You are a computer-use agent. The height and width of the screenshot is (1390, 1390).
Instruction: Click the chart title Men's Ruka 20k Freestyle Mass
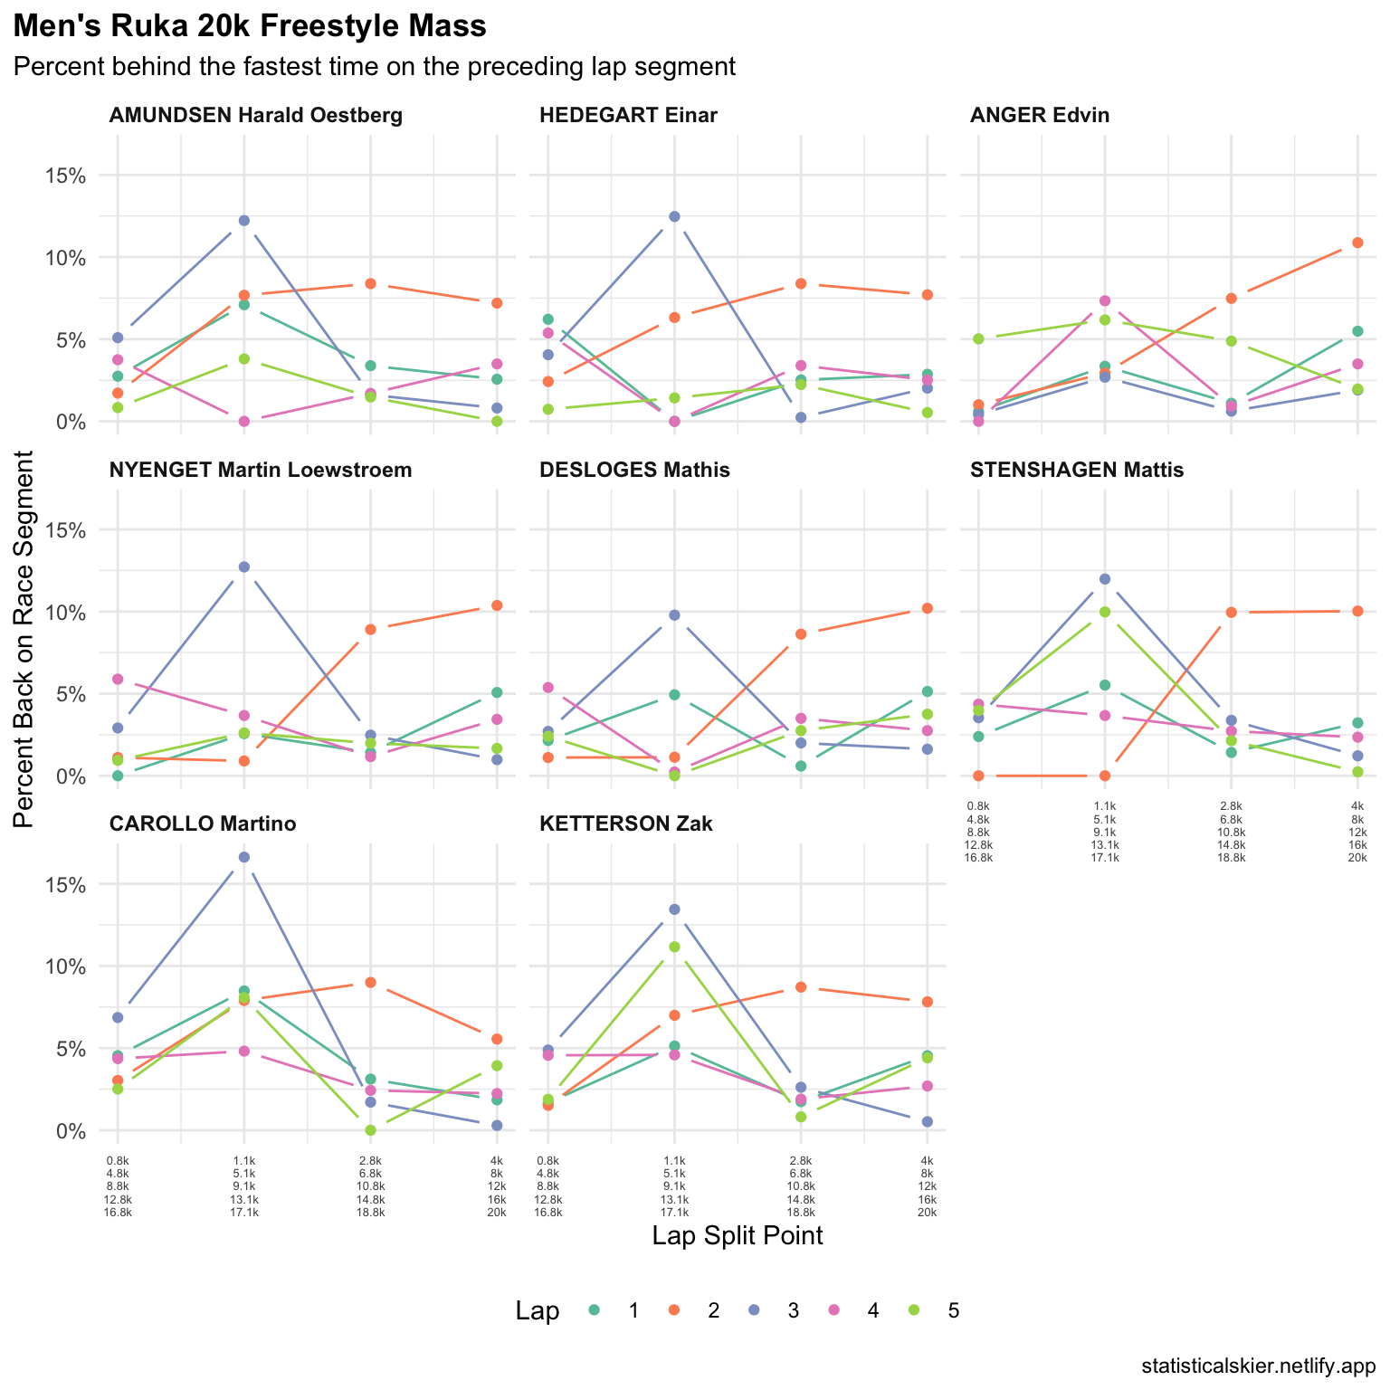(250, 27)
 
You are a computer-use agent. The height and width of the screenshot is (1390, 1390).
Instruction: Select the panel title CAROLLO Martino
(203, 824)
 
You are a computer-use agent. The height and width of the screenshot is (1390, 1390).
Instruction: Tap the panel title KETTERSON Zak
(625, 824)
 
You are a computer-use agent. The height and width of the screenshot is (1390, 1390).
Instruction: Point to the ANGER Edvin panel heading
(1039, 115)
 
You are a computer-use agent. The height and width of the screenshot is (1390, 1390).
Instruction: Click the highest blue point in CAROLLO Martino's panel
(243, 857)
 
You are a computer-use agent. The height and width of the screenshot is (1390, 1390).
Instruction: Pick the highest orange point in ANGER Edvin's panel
(1357, 243)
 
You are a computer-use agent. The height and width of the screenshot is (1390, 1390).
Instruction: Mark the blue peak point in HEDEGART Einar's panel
(674, 216)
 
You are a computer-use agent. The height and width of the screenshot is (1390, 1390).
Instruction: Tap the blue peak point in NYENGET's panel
(243, 567)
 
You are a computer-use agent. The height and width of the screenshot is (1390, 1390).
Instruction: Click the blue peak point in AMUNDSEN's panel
(243, 221)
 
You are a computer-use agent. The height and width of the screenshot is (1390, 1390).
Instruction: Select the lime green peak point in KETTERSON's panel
(674, 947)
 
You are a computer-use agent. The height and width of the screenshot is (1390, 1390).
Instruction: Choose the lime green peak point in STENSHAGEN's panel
(1104, 612)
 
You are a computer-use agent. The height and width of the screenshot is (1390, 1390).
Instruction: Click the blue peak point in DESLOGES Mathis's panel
(674, 615)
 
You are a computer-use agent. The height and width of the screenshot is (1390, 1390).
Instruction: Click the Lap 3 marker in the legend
(754, 1310)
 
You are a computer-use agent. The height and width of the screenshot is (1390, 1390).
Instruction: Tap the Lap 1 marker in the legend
(595, 1310)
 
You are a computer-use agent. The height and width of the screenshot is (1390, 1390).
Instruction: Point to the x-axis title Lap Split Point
(737, 1236)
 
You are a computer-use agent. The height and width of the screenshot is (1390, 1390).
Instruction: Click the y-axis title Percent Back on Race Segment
(24, 638)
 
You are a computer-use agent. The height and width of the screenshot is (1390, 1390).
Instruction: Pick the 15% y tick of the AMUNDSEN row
(66, 176)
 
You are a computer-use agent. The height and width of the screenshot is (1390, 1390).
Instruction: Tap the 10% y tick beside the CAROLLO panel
(66, 966)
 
